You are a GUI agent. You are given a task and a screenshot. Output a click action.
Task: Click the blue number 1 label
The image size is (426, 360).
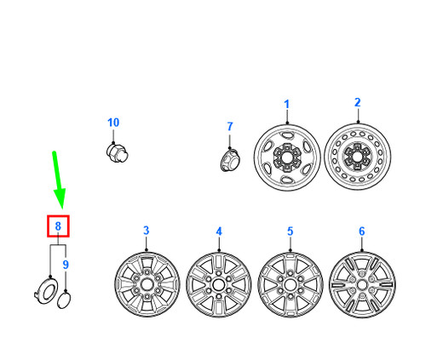pos(287,105)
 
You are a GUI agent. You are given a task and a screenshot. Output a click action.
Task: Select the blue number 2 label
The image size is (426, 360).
pos(358,102)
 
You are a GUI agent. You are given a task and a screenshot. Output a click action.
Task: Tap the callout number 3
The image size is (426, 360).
pos(146,231)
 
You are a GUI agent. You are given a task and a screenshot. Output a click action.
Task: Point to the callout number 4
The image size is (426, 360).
pos(219,231)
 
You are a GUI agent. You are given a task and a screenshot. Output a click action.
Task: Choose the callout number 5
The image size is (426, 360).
pos(290,231)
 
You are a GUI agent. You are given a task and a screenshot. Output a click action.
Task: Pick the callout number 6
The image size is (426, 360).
pos(361,231)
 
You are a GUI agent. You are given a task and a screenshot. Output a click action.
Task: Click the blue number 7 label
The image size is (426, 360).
pos(230,127)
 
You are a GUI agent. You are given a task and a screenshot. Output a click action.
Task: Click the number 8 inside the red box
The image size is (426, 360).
pos(58,226)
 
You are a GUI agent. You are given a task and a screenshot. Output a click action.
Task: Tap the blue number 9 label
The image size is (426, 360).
pos(66,265)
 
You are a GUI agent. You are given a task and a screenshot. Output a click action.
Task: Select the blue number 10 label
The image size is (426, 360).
pos(113,123)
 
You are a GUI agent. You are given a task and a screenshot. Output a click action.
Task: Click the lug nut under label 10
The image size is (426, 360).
pos(118,153)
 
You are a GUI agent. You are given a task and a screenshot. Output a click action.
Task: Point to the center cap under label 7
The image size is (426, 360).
pos(230,160)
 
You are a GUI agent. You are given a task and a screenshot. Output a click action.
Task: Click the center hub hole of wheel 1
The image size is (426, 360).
pos(287,157)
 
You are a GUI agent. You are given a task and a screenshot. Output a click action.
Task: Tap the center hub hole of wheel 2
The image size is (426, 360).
pos(358,157)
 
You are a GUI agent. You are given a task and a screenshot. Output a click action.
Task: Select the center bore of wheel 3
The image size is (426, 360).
pos(147,284)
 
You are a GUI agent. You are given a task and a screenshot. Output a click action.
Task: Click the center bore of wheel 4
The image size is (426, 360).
pos(218,284)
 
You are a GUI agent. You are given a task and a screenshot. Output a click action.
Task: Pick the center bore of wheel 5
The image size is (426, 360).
pos(290,284)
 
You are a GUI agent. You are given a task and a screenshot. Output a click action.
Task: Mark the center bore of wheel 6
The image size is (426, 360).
pos(362,284)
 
